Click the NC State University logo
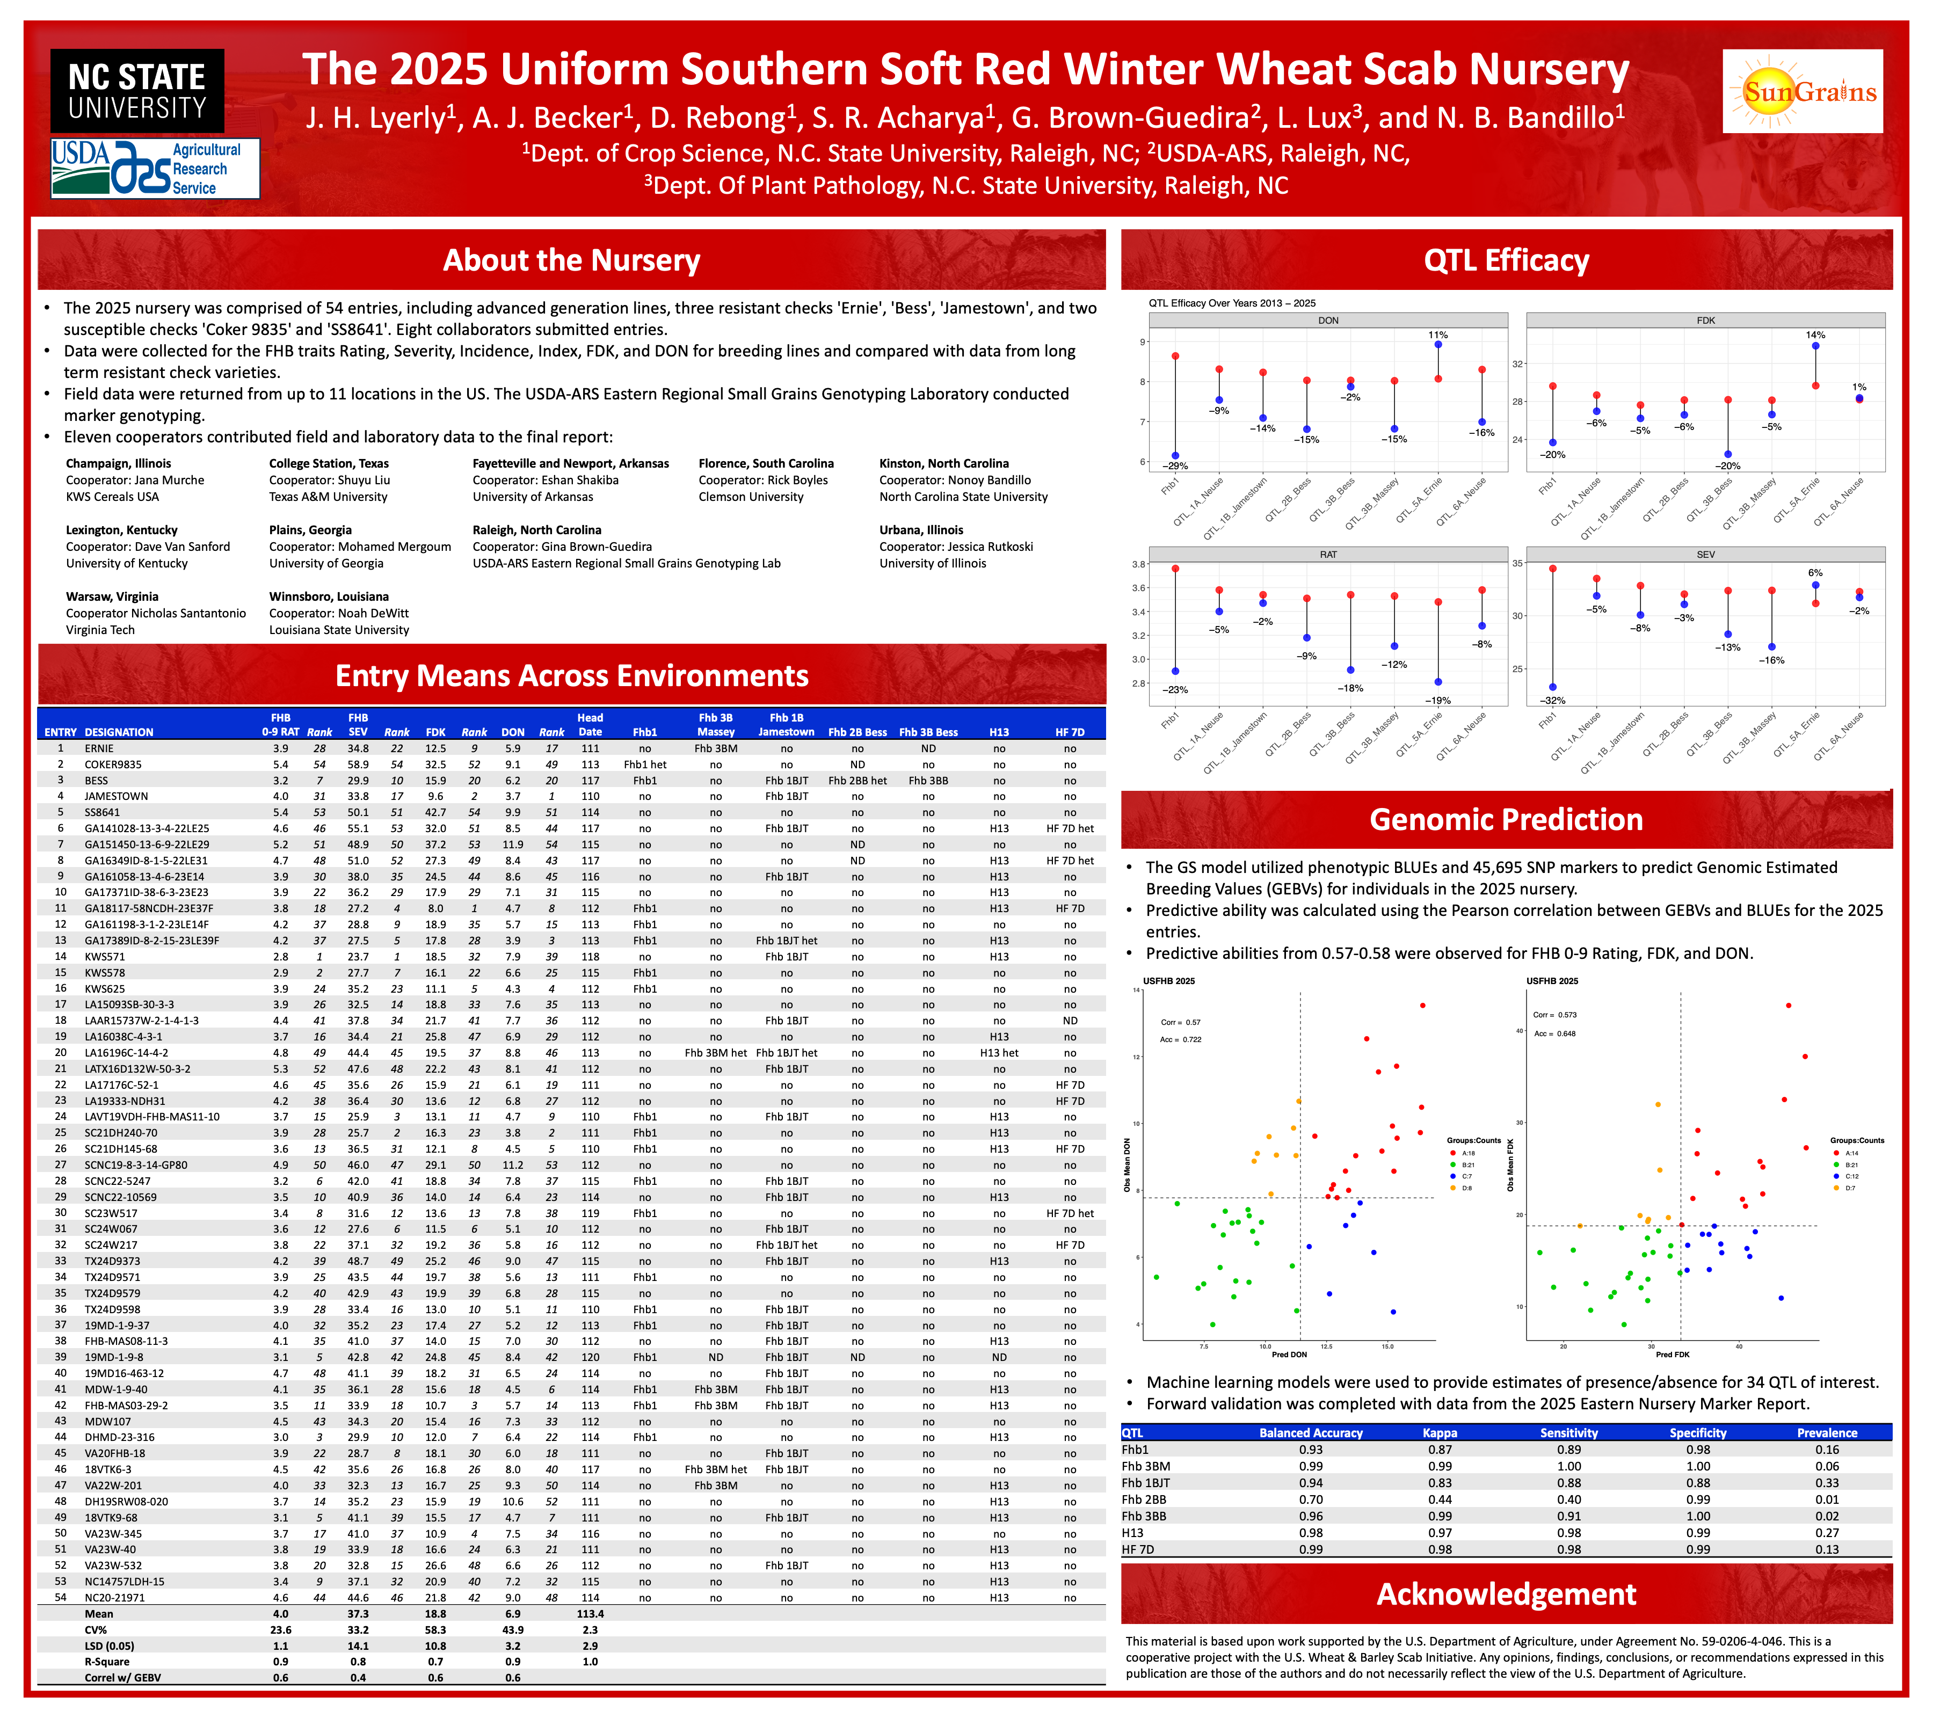(137, 91)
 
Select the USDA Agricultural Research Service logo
(155, 168)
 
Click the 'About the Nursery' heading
(571, 260)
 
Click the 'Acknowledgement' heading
(1506, 1593)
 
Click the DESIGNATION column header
(119, 732)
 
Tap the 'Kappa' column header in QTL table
(1440, 1432)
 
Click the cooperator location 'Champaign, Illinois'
(118, 463)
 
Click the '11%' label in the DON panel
(1437, 334)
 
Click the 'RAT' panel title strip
(1328, 555)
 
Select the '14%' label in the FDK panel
(1815, 334)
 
